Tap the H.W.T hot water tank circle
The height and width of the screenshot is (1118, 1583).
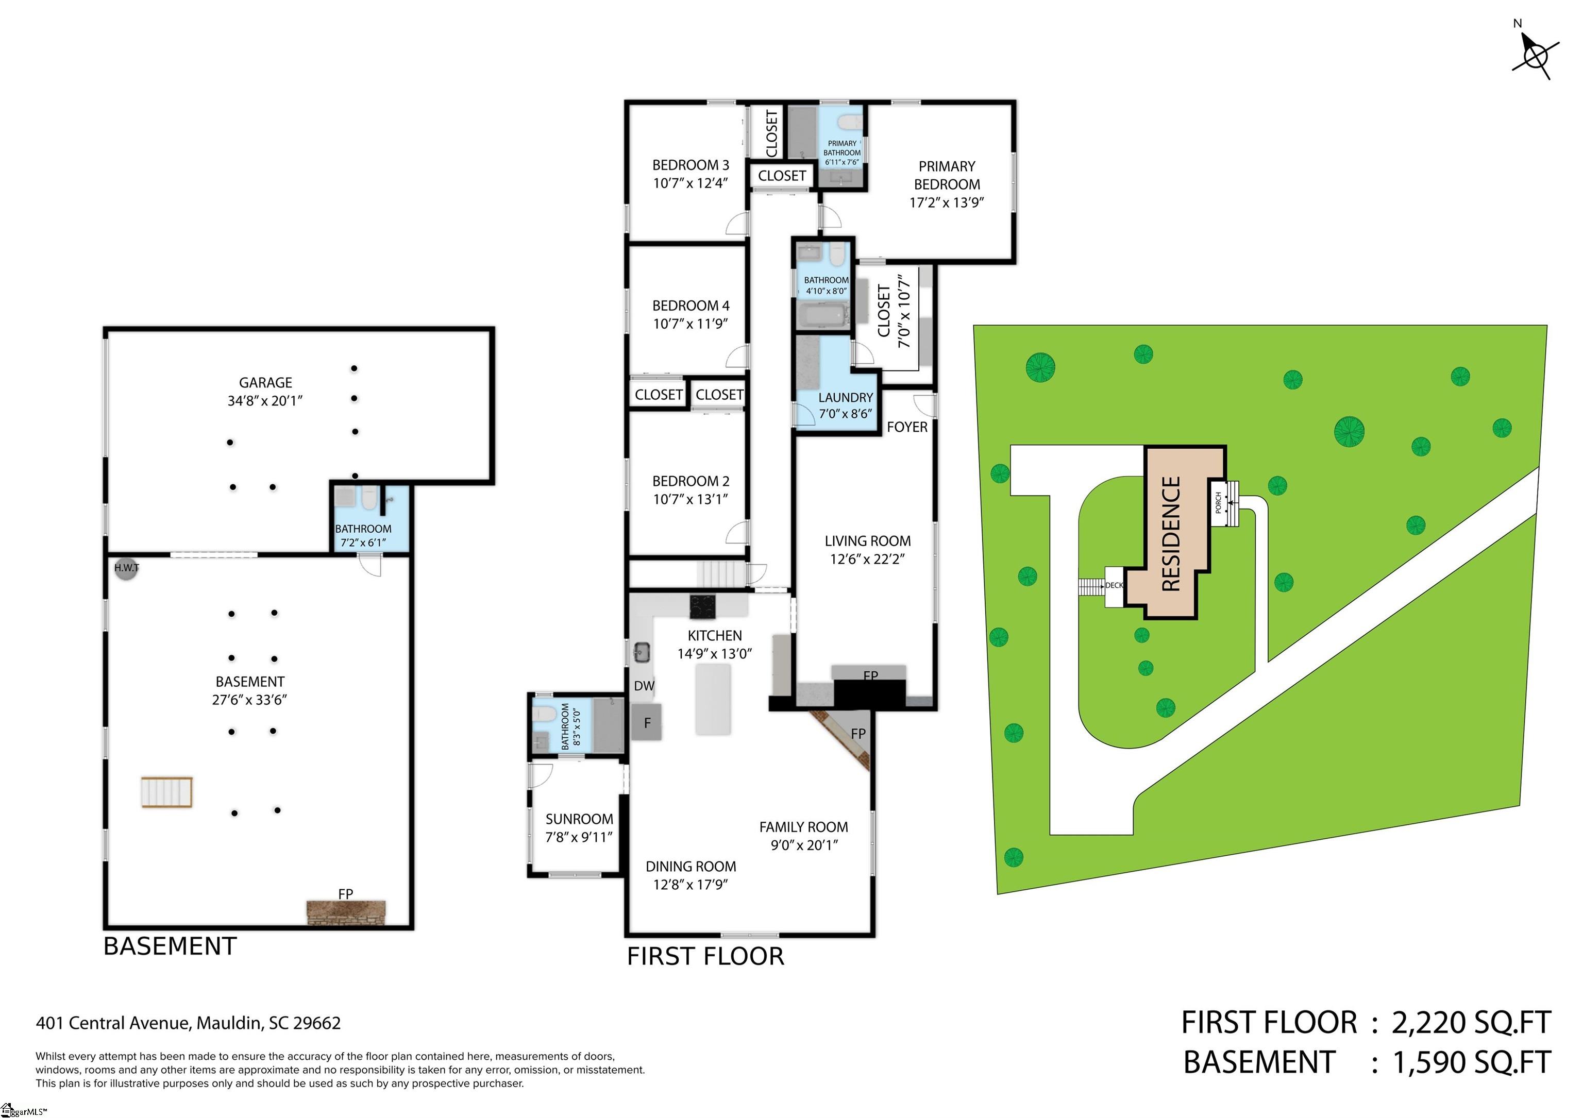(126, 569)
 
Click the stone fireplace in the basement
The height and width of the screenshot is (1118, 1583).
(346, 912)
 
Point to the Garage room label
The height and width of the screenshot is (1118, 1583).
(265, 392)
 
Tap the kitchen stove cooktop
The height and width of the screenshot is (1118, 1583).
(702, 606)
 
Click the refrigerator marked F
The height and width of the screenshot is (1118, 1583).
(647, 722)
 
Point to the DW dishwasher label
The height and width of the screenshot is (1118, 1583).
(644, 686)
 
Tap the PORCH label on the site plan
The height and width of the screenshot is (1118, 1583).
(1218, 502)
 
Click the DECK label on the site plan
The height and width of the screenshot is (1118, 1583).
(1114, 585)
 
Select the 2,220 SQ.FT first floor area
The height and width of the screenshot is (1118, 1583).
(1471, 1022)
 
